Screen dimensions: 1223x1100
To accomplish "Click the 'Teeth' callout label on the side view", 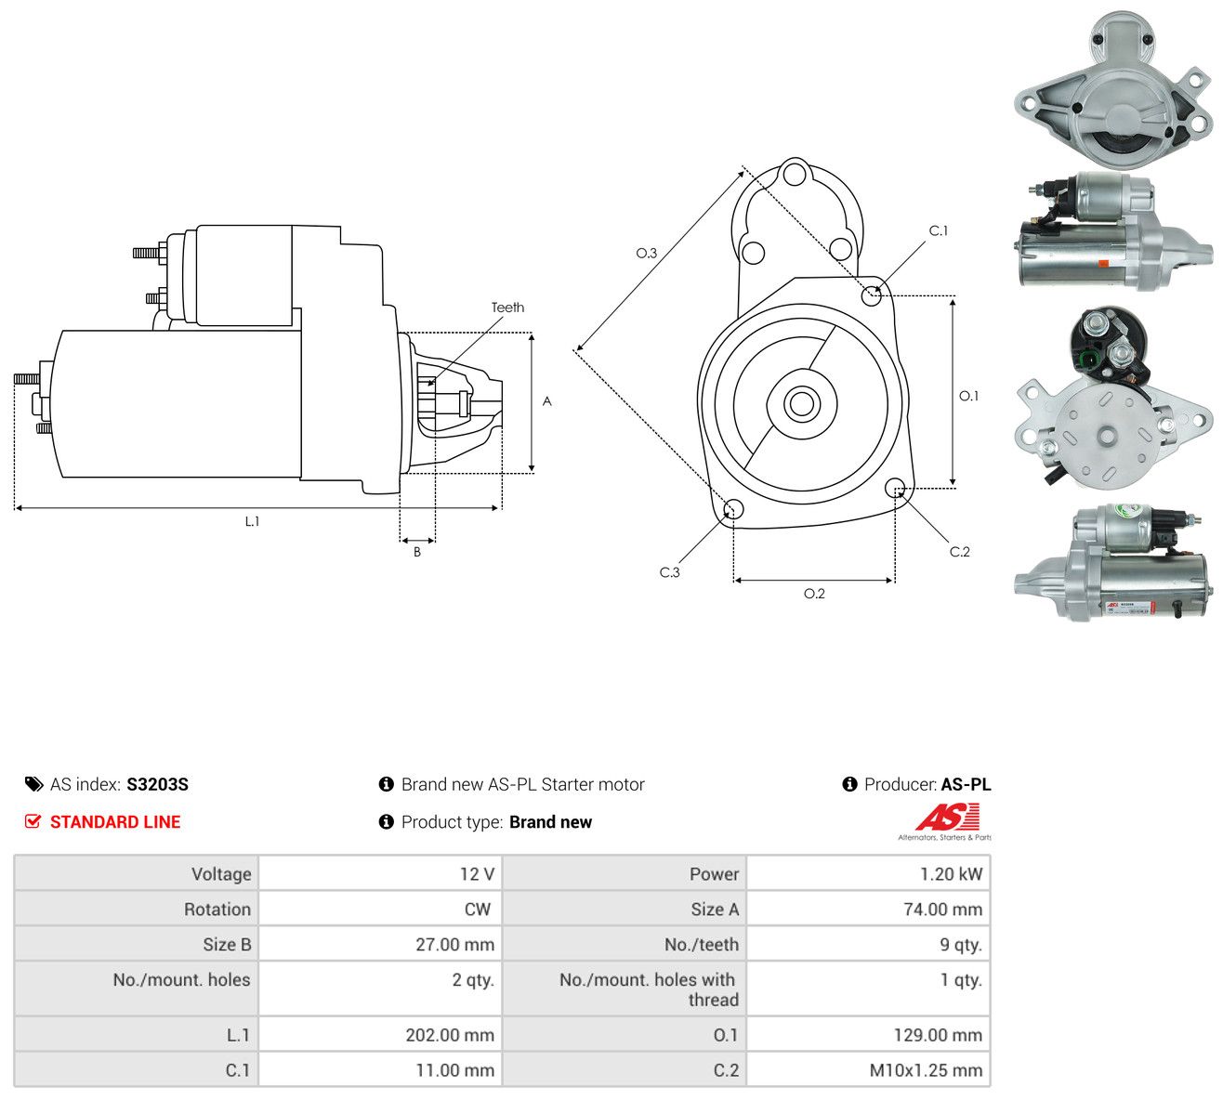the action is (507, 308).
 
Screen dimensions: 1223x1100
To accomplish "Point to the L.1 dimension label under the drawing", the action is (252, 521).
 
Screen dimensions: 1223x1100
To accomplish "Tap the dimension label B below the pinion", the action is (417, 552).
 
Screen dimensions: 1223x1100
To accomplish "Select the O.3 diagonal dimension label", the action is (646, 253).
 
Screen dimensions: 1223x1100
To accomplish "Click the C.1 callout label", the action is (939, 230).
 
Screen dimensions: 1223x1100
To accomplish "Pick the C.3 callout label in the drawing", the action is (669, 572).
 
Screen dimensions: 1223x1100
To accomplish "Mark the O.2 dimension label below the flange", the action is (814, 594).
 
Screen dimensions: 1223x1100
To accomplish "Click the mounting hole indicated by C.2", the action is (894, 487).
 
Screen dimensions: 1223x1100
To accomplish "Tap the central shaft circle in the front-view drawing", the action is (801, 403).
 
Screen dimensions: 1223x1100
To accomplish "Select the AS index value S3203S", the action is (157, 784).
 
